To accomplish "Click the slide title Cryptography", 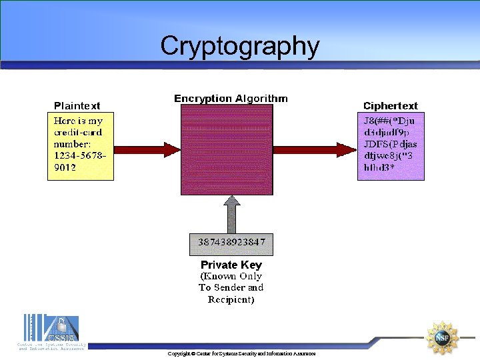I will (x=240, y=46).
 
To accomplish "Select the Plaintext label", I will (x=77, y=105).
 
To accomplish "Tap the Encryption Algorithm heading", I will (x=231, y=99).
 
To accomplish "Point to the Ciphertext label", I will (x=390, y=105).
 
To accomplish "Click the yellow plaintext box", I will (x=80, y=146).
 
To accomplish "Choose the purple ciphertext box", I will (x=390, y=146).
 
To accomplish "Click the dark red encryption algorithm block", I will (x=227, y=150).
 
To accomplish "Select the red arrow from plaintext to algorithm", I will (x=147, y=148).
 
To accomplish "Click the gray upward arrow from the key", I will (x=231, y=215).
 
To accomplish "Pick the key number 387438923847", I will (x=231, y=242).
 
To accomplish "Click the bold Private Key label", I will (x=231, y=265).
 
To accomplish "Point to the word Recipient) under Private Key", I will (x=231, y=299).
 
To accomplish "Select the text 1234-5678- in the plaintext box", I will (x=79, y=155).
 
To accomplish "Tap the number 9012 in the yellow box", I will (x=65, y=167).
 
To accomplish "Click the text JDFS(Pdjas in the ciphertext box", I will (x=390, y=143).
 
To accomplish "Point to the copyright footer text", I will (x=241, y=353).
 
